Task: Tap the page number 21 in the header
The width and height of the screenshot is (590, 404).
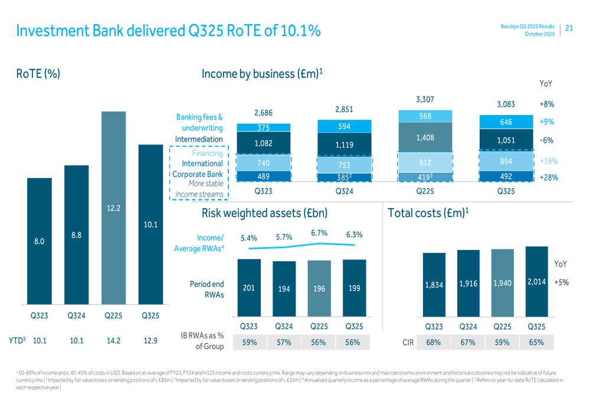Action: pos(569,28)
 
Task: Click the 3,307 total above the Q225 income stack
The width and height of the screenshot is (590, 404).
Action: pos(425,100)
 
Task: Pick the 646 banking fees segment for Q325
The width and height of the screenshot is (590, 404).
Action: pos(506,122)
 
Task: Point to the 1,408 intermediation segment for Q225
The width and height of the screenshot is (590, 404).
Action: pos(425,137)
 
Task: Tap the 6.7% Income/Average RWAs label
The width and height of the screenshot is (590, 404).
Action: pos(319,233)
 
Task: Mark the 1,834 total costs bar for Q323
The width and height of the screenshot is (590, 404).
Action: pos(434,285)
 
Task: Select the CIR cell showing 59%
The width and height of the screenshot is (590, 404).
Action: pos(502,342)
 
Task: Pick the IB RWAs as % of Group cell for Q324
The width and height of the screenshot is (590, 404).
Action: pos(284,342)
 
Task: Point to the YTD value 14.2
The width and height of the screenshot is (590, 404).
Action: pos(113,340)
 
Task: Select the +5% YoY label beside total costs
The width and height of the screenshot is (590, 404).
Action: pos(560,283)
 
